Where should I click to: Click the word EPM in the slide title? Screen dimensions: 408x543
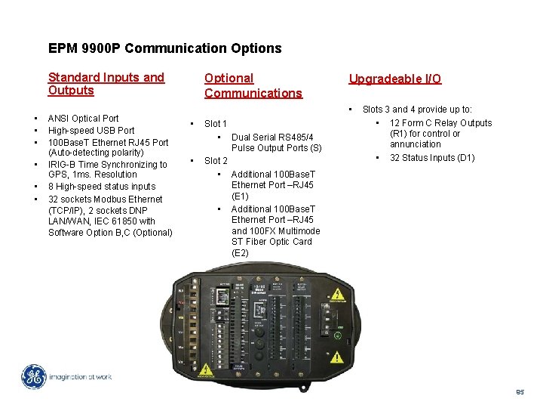[62, 48]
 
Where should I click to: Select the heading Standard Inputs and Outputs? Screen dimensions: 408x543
[106, 84]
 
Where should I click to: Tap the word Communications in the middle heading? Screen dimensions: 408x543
[253, 93]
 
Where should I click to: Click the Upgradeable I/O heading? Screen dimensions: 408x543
[394, 79]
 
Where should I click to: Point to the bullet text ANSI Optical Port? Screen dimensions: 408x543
[83, 118]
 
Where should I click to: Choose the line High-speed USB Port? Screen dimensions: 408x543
[90, 130]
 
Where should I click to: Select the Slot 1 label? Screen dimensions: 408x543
[216, 123]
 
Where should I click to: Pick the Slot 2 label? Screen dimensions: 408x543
[216, 160]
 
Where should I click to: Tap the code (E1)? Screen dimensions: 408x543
[240, 196]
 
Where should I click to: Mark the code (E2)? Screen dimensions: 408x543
[240, 252]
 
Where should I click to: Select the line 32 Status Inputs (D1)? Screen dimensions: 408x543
[431, 158]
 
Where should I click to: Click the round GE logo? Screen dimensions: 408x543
[32, 376]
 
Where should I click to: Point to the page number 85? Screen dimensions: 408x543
[520, 392]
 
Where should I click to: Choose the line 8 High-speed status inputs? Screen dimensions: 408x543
[101, 186]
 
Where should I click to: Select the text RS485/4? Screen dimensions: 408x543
[296, 137]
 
